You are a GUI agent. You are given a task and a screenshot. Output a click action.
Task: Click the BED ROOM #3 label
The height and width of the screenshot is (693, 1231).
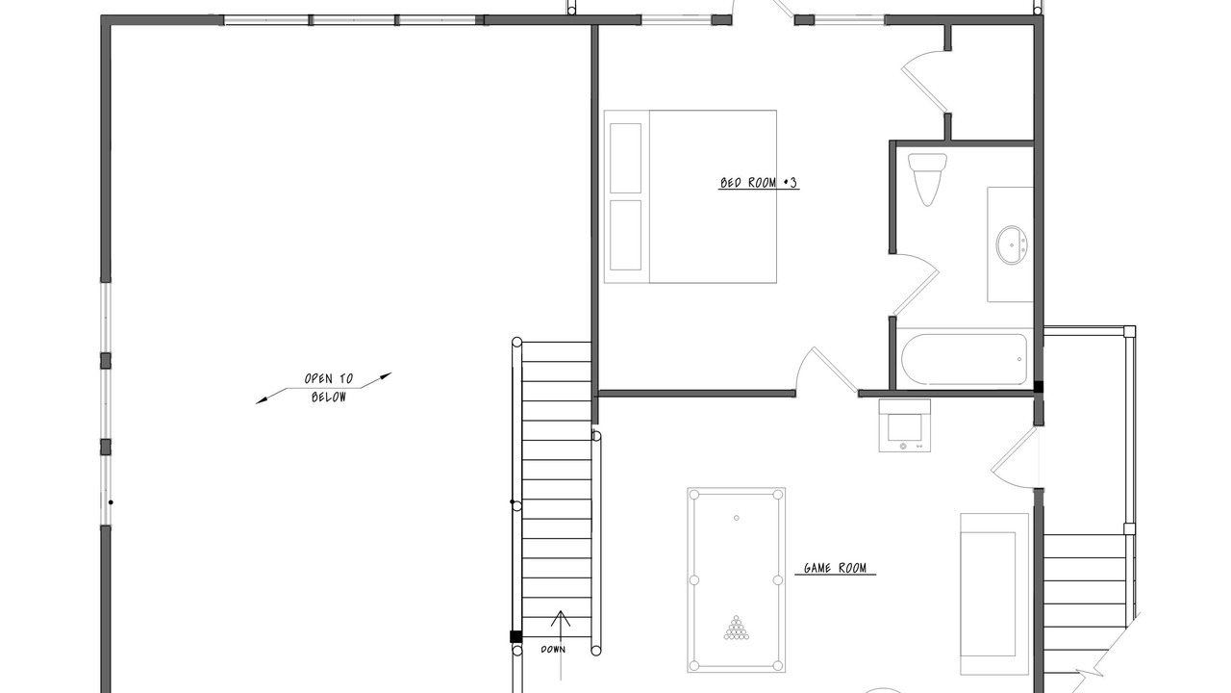click(759, 183)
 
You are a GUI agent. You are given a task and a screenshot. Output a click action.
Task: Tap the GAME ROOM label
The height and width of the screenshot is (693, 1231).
click(835, 568)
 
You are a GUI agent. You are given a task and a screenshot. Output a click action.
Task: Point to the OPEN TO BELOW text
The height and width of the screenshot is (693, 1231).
click(329, 388)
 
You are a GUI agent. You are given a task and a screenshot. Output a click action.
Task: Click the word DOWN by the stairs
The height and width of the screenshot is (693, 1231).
click(553, 650)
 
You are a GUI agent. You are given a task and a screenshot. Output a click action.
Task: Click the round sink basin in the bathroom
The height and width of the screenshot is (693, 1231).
click(1012, 244)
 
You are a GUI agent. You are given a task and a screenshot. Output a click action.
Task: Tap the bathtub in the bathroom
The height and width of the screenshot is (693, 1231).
click(964, 359)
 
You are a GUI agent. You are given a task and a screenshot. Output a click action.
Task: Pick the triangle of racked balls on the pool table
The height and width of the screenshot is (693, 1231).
click(736, 628)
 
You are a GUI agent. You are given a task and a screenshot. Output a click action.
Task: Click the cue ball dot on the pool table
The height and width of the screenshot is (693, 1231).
click(737, 518)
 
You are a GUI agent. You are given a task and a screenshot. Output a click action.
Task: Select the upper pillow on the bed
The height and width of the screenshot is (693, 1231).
click(625, 158)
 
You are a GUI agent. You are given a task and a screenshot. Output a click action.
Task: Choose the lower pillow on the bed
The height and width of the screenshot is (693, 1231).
click(625, 236)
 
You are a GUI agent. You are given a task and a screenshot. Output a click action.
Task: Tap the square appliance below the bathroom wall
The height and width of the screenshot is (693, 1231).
click(905, 425)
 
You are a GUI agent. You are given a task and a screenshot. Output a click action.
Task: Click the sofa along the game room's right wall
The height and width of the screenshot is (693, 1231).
click(994, 594)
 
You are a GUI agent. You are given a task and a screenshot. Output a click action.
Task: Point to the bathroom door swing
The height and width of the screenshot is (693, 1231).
click(915, 283)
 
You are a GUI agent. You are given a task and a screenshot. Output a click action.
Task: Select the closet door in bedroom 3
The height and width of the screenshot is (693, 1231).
click(925, 80)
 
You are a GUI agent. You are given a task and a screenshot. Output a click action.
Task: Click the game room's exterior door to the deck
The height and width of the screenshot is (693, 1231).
click(1016, 456)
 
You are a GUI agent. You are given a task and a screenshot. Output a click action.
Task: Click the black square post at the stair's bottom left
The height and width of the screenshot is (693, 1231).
click(515, 637)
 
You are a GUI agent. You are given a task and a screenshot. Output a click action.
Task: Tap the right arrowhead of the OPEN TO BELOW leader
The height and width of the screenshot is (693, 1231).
click(386, 376)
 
